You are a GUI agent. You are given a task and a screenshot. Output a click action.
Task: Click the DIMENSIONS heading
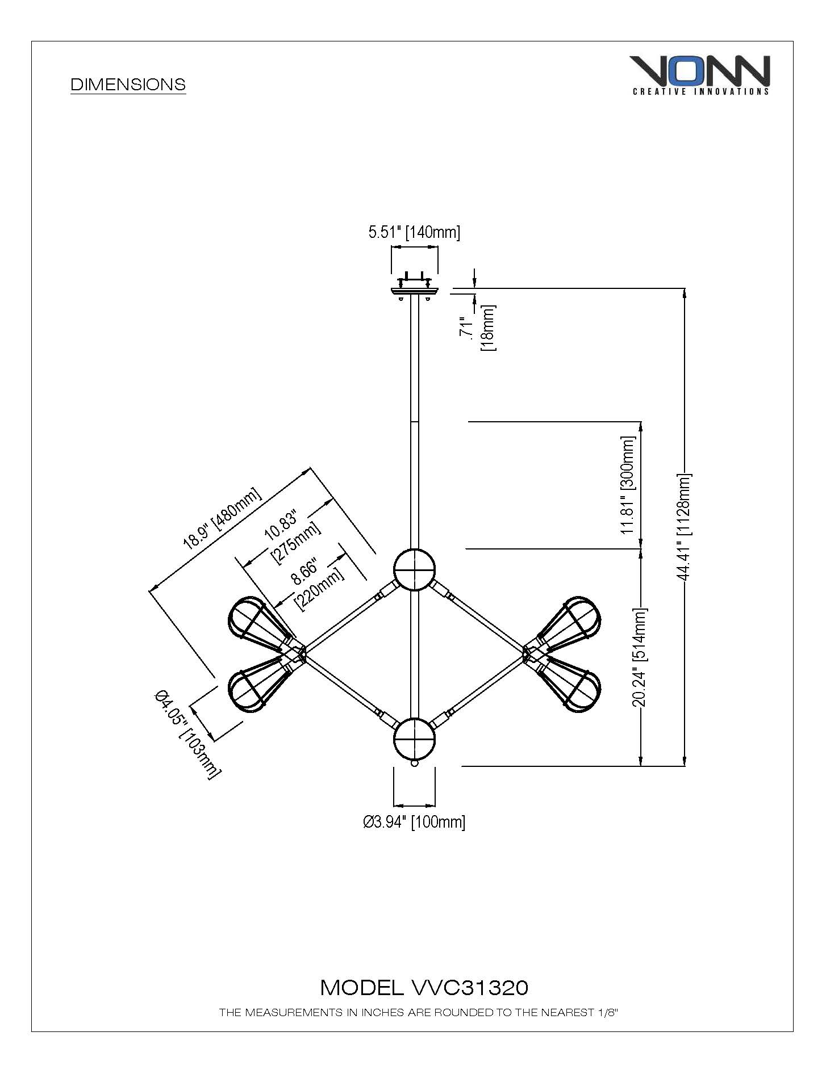(128, 85)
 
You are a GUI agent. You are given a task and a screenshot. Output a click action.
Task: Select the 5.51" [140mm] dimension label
(414, 232)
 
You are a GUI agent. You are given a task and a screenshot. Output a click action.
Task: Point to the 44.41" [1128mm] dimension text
(684, 527)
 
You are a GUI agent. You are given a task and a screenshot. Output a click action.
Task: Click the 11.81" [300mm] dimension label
(628, 485)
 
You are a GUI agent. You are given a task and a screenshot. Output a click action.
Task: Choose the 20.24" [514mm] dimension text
(640, 657)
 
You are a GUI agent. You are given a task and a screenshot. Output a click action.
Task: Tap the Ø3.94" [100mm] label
(414, 822)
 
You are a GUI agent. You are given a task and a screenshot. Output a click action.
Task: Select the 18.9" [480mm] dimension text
(222, 518)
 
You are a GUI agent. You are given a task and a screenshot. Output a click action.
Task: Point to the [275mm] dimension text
(296, 543)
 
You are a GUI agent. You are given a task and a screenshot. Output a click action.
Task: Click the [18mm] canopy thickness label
(488, 328)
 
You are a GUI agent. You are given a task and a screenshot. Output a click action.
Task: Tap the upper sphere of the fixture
(415, 569)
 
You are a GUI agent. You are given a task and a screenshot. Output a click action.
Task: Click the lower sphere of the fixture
(415, 740)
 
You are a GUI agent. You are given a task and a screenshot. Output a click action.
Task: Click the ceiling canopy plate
(415, 291)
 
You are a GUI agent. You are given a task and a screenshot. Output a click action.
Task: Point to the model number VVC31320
(424, 988)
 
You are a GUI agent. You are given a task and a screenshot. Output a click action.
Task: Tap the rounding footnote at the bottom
(418, 1012)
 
